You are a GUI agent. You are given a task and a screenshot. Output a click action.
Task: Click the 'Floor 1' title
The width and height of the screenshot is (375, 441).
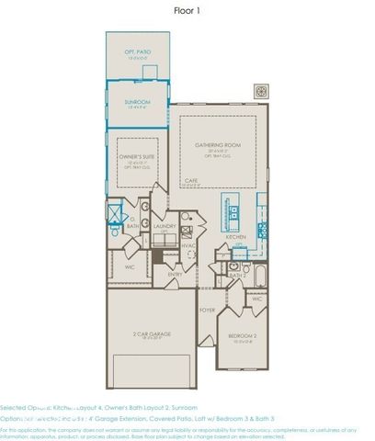pyautogui.click(x=187, y=11)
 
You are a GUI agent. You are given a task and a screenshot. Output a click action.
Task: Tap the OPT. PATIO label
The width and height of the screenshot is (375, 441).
pyautogui.click(x=137, y=52)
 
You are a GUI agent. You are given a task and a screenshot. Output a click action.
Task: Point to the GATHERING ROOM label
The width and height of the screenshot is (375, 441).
pyautogui.click(x=216, y=145)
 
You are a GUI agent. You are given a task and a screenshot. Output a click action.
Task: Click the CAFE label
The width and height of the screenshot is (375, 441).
pyautogui.click(x=191, y=180)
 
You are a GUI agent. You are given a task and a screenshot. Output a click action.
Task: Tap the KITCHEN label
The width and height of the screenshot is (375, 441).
pyautogui.click(x=235, y=236)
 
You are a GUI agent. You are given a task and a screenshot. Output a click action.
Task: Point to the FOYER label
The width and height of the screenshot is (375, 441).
pyautogui.click(x=208, y=310)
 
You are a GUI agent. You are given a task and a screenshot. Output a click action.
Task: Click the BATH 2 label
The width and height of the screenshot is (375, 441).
pyautogui.click(x=235, y=275)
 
